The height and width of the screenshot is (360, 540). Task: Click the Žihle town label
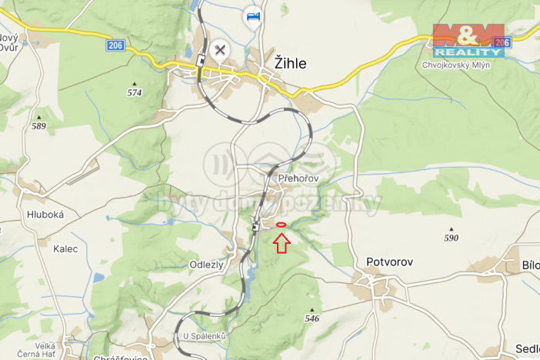[290, 64]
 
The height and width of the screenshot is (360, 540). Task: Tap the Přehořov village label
[298, 178]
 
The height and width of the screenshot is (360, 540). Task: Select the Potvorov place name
[389, 262]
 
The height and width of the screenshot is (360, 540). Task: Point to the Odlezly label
[206, 264]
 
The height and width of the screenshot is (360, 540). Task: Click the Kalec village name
[65, 248]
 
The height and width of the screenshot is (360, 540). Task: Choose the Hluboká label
[45, 215]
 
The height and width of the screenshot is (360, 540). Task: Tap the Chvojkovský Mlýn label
[456, 65]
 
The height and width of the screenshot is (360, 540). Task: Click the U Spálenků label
[205, 336]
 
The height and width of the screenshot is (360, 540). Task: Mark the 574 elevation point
[135, 92]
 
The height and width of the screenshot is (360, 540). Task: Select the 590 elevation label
[451, 238]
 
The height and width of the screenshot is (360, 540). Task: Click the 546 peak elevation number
[312, 318]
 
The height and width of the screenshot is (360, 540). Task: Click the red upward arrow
[281, 243]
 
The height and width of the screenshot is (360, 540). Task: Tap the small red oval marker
[281, 225]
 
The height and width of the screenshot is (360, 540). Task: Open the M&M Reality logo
[468, 40]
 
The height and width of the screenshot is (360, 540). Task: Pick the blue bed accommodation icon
[252, 16]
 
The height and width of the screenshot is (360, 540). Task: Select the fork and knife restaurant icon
[220, 50]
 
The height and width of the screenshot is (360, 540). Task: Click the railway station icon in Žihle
[201, 61]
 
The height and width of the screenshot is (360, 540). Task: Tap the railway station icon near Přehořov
[256, 227]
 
